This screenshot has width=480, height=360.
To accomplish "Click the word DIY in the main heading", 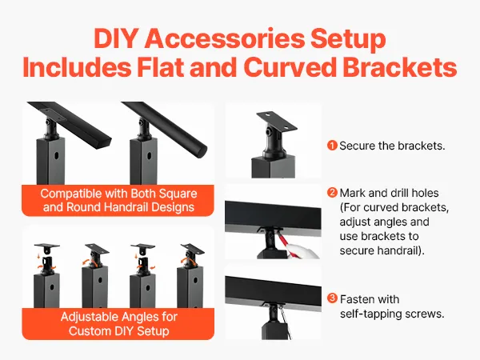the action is coord(114,38).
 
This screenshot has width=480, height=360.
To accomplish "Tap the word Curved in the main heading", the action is coord(290,67).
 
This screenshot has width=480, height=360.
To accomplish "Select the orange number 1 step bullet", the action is coord(332,146).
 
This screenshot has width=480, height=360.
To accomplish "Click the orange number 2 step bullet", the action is coord(332,193).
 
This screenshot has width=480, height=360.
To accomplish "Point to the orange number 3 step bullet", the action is coord(332,298).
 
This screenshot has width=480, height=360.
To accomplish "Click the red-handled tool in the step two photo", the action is coord(282,241).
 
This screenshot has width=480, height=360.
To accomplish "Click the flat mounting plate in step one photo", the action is coord(277,121).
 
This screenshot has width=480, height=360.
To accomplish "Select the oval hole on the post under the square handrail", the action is coord(57,155).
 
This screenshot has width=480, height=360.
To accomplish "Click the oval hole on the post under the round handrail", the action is coord(149,155).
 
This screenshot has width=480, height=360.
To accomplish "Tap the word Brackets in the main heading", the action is coord(400,67).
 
